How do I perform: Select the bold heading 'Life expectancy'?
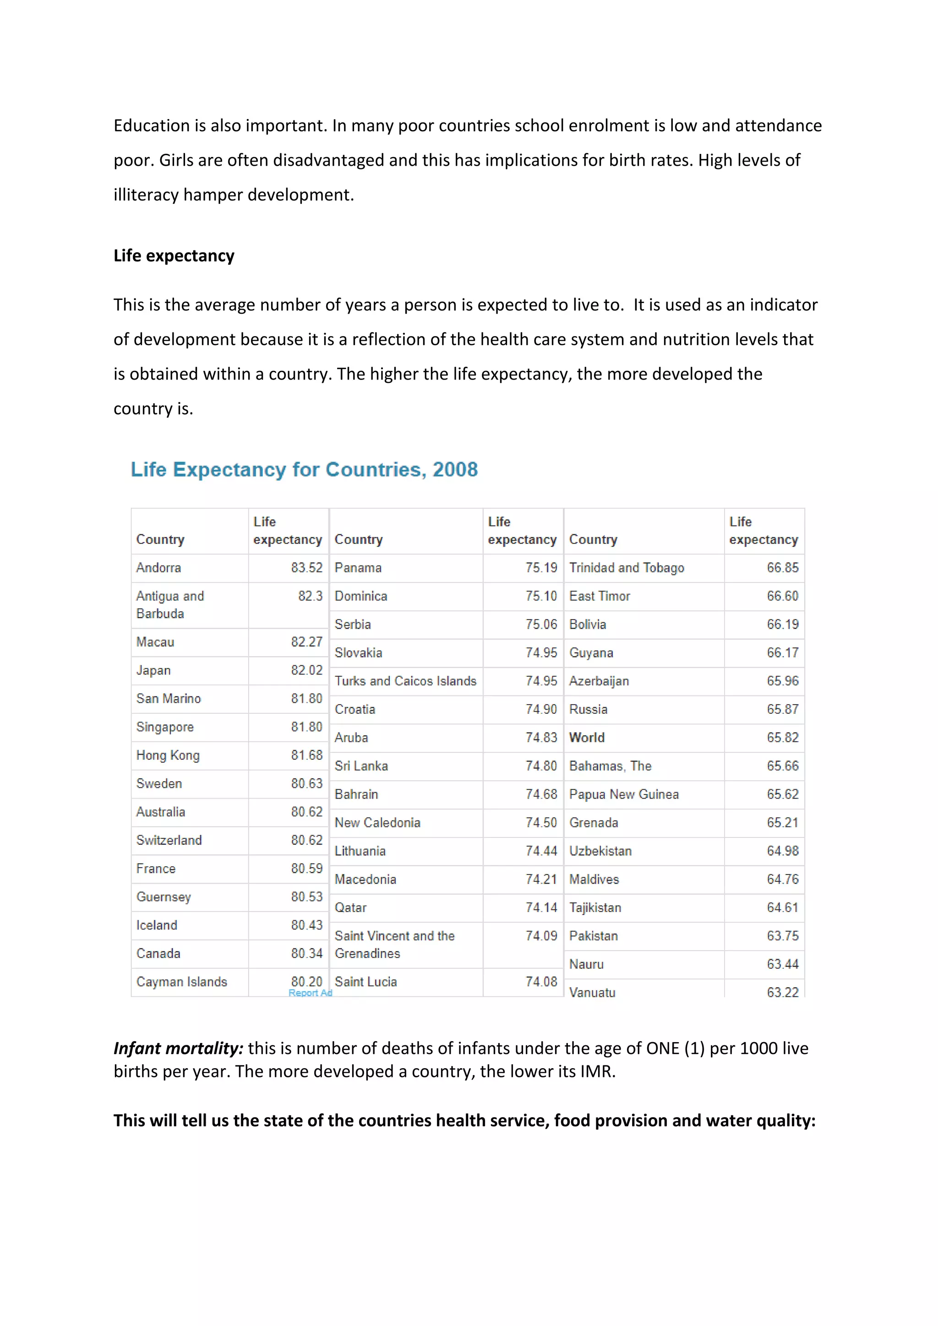pyautogui.click(x=174, y=255)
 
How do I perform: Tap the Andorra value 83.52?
pyautogui.click(x=306, y=568)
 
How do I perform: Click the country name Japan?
pyautogui.click(x=153, y=670)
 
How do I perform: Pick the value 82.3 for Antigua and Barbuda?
pyautogui.click(x=310, y=596)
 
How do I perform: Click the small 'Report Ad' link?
pyautogui.click(x=310, y=993)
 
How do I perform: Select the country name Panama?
pyautogui.click(x=358, y=568)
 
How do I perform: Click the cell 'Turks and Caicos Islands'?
pyautogui.click(x=405, y=681)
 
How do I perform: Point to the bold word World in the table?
pyautogui.click(x=587, y=738)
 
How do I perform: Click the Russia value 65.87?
pyautogui.click(x=782, y=709)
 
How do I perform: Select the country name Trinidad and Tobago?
pyautogui.click(x=627, y=568)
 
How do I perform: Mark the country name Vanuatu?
pyautogui.click(x=592, y=992)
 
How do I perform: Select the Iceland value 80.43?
pyautogui.click(x=306, y=925)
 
